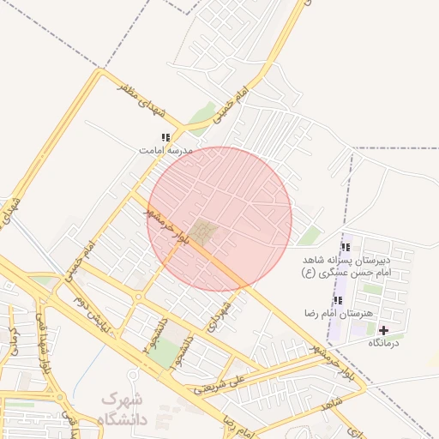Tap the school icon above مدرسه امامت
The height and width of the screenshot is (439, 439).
(165, 137)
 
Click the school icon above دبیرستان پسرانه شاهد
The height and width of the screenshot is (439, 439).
(346, 246)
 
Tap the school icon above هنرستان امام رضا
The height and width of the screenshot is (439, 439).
(338, 301)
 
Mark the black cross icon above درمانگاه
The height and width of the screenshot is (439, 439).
(382, 330)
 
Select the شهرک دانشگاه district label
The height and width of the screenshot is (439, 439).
(124, 409)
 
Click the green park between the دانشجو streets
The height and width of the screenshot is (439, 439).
(168, 352)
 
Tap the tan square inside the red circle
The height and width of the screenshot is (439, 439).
(203, 231)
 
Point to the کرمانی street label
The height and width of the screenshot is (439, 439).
(12, 339)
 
